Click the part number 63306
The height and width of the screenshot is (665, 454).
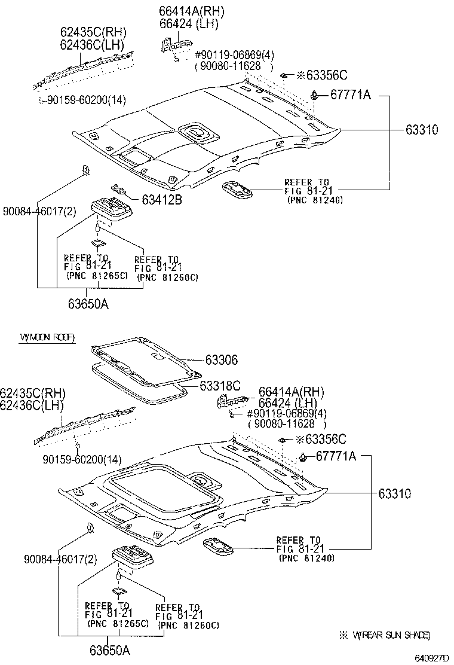click(221, 360)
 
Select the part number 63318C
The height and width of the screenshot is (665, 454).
click(220, 385)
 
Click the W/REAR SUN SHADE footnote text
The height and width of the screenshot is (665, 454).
click(391, 635)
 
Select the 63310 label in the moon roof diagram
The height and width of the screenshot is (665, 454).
click(394, 494)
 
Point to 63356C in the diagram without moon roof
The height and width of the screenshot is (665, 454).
click(326, 75)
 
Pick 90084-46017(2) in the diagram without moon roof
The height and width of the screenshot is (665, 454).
click(39, 211)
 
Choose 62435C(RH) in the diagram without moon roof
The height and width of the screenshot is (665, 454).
click(93, 32)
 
